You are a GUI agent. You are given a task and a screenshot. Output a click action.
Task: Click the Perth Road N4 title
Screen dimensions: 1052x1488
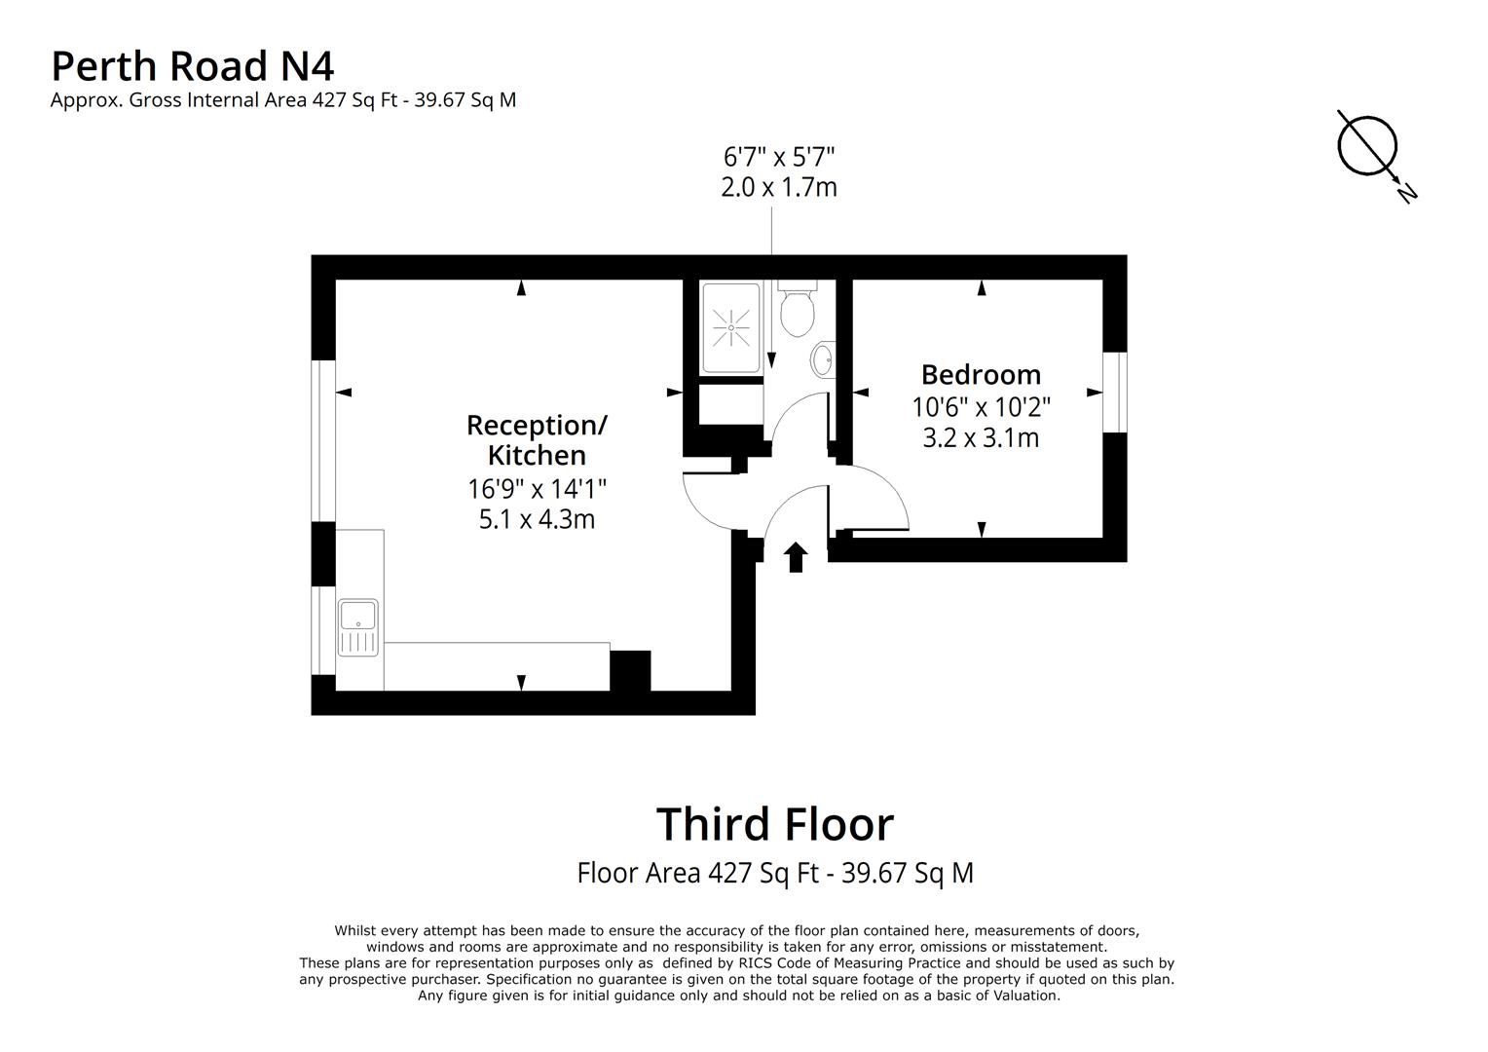[x=192, y=66]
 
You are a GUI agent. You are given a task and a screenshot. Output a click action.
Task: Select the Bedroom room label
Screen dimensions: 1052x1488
[x=981, y=375]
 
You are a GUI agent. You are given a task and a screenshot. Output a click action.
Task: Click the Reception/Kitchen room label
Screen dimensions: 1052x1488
[x=537, y=440]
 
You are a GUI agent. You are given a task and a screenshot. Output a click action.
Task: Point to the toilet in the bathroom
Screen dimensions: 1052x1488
[x=798, y=311]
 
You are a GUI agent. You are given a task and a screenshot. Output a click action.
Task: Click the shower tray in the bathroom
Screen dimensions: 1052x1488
[x=730, y=328]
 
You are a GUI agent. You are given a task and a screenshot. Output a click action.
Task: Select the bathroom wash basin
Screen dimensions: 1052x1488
[x=823, y=359]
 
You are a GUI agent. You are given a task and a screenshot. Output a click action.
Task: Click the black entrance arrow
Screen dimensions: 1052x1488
[x=796, y=557]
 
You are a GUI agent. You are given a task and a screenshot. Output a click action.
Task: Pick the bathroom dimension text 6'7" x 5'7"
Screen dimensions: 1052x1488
[x=779, y=156]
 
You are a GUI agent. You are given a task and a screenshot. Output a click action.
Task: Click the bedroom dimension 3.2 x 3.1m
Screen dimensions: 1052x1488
[x=981, y=438]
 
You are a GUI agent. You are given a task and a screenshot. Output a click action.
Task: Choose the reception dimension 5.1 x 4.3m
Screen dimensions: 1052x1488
[x=537, y=519]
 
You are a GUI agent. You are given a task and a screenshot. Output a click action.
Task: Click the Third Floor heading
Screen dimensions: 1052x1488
[x=774, y=824]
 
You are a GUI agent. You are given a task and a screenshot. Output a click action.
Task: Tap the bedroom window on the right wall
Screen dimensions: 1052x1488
[x=1115, y=392]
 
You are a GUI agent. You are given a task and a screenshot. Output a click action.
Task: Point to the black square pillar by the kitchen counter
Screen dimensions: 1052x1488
[x=630, y=670]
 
